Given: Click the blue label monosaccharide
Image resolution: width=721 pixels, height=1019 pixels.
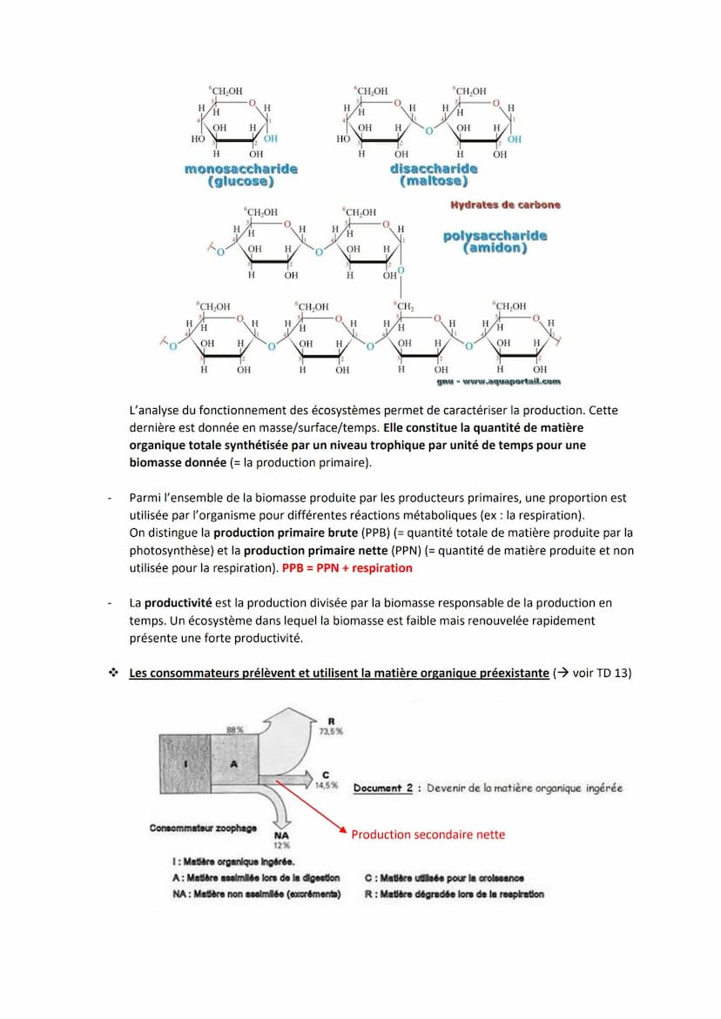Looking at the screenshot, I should (240, 169).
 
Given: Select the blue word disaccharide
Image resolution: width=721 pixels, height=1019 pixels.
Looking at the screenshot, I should (434, 169).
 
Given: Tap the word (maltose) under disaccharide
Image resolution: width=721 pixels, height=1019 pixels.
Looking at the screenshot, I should (434, 181).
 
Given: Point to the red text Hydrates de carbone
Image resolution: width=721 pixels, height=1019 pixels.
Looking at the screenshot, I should (505, 205).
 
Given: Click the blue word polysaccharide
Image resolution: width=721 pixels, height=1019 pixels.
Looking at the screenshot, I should (495, 236).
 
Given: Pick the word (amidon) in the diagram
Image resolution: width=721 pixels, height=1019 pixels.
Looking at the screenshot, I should (495, 248).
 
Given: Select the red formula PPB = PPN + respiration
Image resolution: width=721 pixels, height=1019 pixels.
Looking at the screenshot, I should (347, 568).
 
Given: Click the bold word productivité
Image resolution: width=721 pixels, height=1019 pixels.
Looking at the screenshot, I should (179, 602).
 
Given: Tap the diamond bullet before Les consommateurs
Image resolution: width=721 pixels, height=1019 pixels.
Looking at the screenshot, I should (113, 674).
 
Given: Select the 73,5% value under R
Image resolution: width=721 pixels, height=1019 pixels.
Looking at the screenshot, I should (331, 732).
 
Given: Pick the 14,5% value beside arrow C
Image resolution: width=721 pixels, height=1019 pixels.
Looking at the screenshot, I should (326, 785).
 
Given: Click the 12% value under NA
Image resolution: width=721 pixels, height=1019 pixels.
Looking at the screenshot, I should (281, 845).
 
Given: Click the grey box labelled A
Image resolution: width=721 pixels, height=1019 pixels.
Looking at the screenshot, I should (232, 762).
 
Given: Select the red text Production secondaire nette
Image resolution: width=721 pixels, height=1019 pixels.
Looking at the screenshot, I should (428, 835).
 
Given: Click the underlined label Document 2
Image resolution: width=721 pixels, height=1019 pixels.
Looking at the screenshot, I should (383, 788).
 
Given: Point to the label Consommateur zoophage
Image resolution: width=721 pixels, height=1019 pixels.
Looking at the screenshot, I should (203, 828).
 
